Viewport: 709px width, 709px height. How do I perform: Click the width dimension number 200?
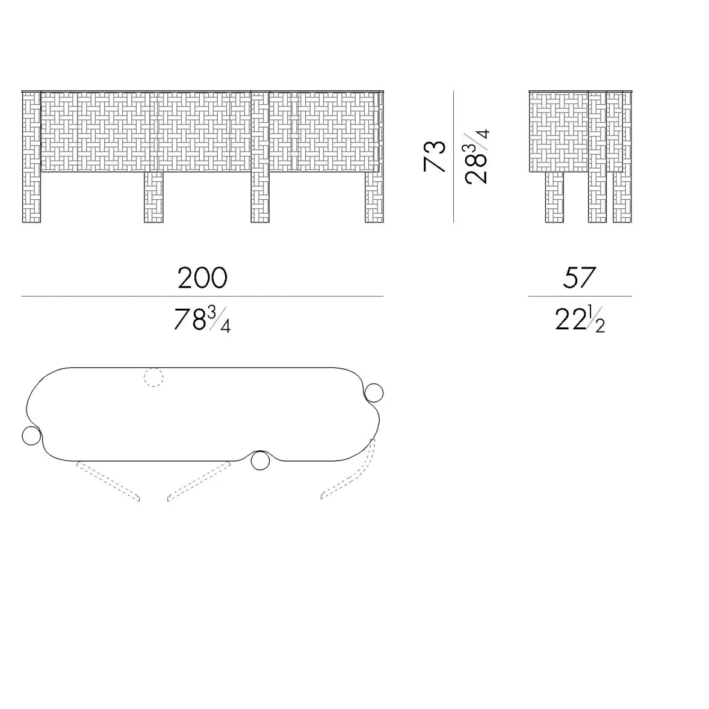pyautogui.click(x=202, y=277)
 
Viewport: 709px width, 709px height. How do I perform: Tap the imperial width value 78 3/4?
pyautogui.click(x=202, y=319)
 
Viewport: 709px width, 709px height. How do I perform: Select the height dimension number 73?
pyautogui.click(x=435, y=156)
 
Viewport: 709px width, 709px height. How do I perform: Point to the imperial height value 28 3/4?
pyautogui.click(x=477, y=156)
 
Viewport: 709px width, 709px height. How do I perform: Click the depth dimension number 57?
pyautogui.click(x=580, y=277)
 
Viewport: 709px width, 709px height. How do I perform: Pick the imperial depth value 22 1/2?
pyautogui.click(x=580, y=319)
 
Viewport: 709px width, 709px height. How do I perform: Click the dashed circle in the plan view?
pyautogui.click(x=153, y=377)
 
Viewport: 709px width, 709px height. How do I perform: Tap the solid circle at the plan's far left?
pyautogui.click(x=31, y=435)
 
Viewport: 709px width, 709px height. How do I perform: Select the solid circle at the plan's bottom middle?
pyautogui.click(x=260, y=460)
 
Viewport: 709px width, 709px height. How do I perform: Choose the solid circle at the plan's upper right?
pyautogui.click(x=374, y=393)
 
